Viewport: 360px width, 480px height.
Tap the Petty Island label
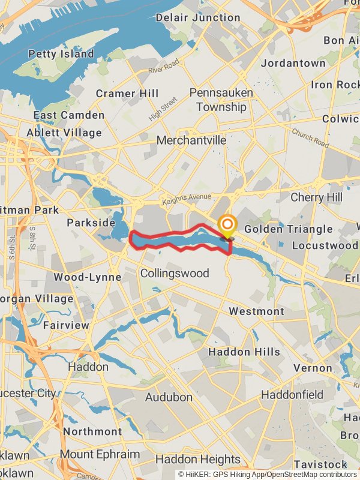(61, 54)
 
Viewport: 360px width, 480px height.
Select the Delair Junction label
(198, 17)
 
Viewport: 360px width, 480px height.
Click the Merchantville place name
(191, 140)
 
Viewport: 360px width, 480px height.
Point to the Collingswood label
(175, 274)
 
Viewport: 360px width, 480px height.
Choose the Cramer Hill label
(127, 94)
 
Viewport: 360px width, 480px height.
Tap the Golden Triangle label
(288, 229)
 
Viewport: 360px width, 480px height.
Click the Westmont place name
(257, 311)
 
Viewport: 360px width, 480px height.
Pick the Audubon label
(169, 397)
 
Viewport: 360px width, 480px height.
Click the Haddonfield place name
(292, 395)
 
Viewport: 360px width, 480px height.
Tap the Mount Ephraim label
(100, 454)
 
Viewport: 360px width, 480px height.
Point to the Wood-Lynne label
(88, 277)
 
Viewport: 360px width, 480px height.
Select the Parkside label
(91, 223)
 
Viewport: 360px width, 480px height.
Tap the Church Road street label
(311, 139)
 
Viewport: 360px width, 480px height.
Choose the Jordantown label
(293, 63)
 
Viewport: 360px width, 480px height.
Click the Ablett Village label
(64, 133)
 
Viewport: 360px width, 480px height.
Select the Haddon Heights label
(198, 460)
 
